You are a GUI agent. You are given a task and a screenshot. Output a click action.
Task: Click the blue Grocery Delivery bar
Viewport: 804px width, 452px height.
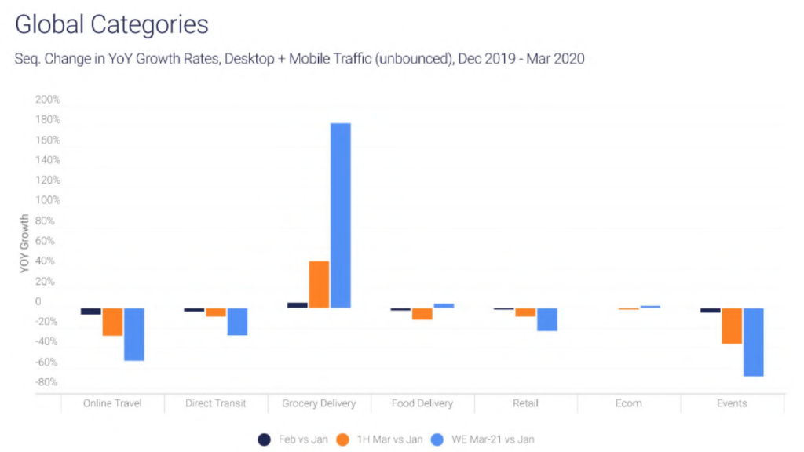341,215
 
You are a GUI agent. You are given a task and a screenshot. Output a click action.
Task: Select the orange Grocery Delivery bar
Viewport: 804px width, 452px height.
319,284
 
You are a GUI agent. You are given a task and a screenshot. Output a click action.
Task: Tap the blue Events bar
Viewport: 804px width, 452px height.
754,342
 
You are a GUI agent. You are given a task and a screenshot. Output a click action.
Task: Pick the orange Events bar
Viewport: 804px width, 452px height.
732,326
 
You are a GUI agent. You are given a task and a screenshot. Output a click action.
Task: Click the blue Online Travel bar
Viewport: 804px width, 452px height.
134,334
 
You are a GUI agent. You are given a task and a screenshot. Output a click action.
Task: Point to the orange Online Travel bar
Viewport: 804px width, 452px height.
112,322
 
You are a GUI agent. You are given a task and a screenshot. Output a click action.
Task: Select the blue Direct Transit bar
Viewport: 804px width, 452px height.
237,322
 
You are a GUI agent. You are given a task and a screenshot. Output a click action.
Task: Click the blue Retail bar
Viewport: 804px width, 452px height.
547,319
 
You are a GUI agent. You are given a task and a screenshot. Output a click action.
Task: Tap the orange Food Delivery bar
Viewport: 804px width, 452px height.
422,314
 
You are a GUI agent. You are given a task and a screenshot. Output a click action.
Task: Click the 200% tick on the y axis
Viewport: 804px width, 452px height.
48,100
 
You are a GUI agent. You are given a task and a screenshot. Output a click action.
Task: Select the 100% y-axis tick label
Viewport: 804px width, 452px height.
48,200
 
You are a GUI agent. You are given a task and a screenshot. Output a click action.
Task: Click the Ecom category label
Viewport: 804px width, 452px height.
628,403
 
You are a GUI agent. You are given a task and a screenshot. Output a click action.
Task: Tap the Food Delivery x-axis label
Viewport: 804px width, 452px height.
422,403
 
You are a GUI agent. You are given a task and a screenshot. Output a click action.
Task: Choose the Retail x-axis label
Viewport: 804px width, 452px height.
525,403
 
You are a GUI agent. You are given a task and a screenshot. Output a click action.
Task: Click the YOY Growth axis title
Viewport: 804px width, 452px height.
24,242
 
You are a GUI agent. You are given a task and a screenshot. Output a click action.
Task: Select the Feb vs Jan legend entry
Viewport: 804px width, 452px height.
294,439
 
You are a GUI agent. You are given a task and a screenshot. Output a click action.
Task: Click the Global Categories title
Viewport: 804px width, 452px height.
111,24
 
